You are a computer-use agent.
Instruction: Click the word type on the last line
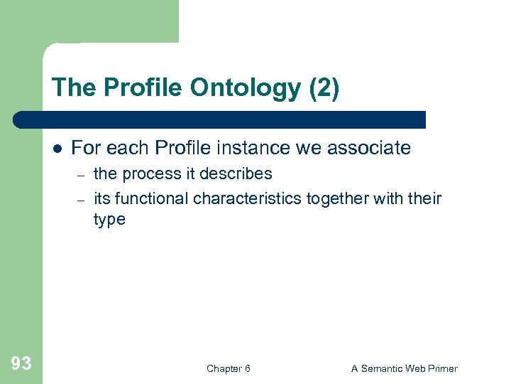coord(109,220)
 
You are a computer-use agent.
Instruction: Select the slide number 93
coord(21,364)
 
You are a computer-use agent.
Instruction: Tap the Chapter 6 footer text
coord(228,368)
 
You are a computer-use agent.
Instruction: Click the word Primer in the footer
coord(441,368)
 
